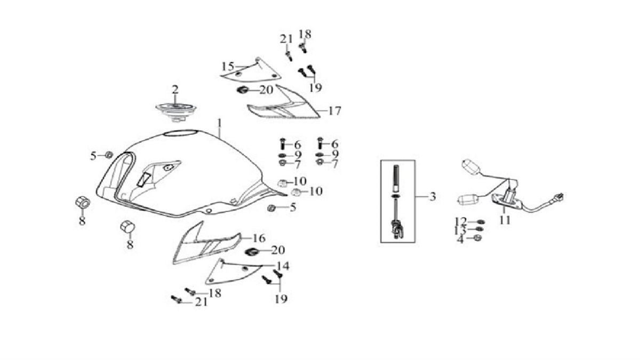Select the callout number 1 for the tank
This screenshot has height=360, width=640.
pyautogui.click(x=219, y=123)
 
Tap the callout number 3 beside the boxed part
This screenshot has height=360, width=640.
pyautogui.click(x=433, y=197)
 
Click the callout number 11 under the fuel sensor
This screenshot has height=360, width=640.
pyautogui.click(x=505, y=220)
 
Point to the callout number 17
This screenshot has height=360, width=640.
pyautogui.click(x=334, y=111)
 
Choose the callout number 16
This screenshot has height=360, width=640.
pyautogui.click(x=259, y=238)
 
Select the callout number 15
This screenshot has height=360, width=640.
pyautogui.click(x=228, y=67)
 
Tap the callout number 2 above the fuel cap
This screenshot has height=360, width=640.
pyautogui.click(x=175, y=90)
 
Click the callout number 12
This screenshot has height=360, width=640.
pyautogui.click(x=461, y=221)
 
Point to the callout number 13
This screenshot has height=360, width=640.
pyautogui.click(x=460, y=230)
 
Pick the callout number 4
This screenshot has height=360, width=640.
pyautogui.click(x=460, y=239)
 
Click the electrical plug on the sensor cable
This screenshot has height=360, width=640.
pyautogui.click(x=559, y=197)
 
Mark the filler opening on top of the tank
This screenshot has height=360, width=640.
pyautogui.click(x=181, y=133)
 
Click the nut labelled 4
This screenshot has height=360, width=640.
pyautogui.click(x=477, y=238)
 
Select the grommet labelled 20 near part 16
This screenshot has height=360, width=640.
pyautogui.click(x=252, y=252)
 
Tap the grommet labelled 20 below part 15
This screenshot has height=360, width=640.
pyautogui.click(x=242, y=90)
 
